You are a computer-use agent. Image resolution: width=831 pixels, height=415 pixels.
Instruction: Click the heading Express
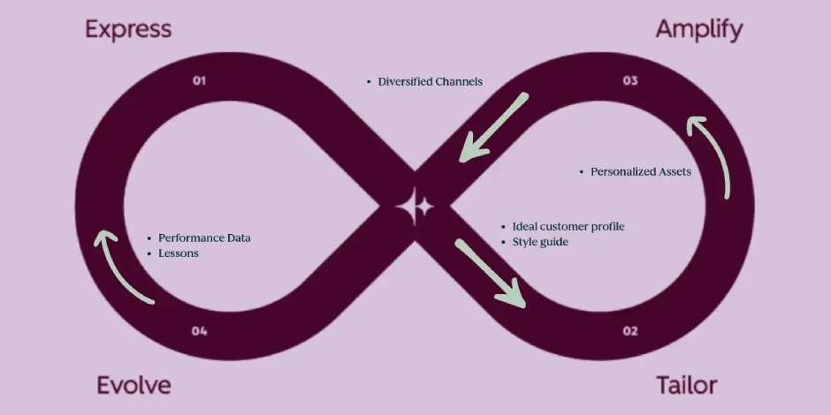click(128, 29)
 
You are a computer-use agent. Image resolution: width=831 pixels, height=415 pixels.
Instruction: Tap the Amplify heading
click(698, 29)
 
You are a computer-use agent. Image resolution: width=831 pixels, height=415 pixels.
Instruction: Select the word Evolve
click(133, 385)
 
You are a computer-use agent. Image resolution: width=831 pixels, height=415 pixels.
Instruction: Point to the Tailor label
click(686, 385)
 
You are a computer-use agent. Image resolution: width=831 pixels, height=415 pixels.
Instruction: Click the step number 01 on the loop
click(199, 81)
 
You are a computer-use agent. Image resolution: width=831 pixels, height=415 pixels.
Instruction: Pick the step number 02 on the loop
click(629, 331)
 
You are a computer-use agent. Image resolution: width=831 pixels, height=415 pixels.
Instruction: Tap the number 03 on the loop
click(629, 81)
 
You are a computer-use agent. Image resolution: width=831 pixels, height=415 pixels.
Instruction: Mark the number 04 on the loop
click(199, 331)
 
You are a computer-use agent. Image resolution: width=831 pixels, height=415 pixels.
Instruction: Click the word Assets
click(675, 171)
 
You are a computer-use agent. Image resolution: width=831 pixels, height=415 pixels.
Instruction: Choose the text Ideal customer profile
click(568, 227)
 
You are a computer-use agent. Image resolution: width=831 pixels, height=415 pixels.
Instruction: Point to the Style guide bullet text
click(540, 241)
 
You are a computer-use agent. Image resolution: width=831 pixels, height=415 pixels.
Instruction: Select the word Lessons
click(179, 253)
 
